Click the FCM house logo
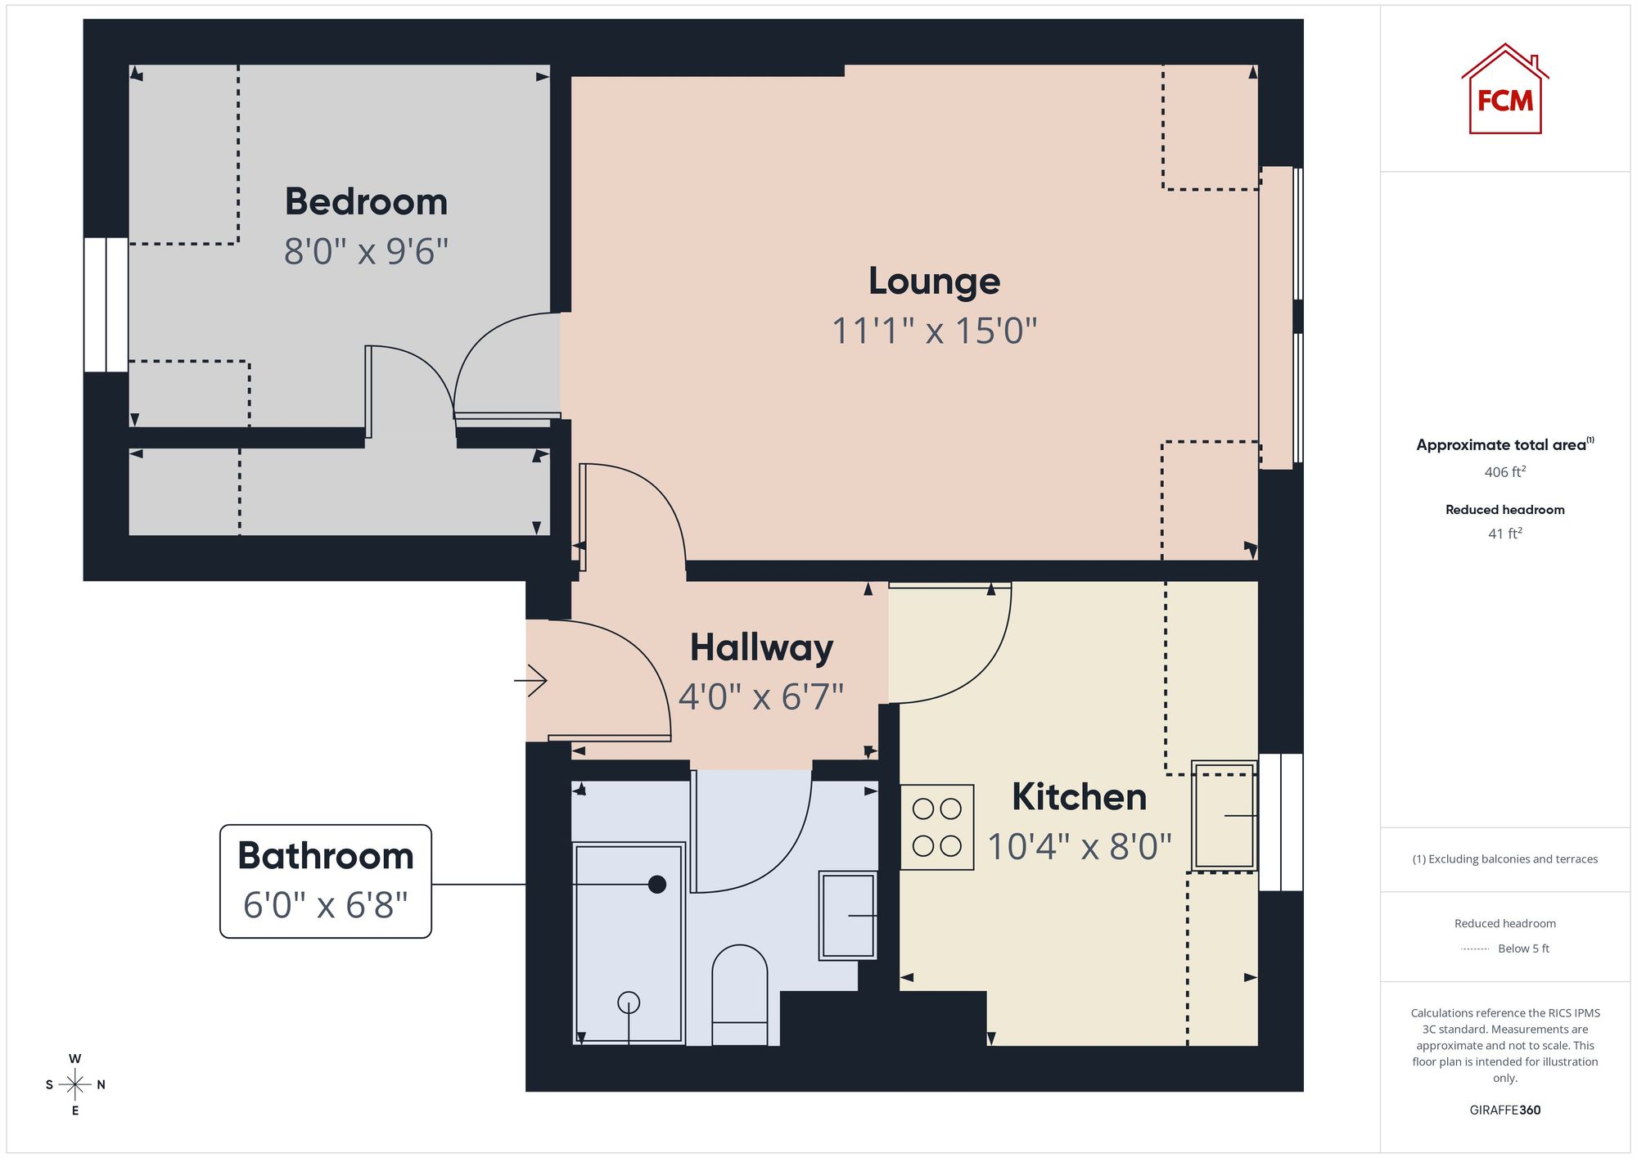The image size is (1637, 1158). tap(1504, 89)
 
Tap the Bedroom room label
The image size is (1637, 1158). tap(366, 201)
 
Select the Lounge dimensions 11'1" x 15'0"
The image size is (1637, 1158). tap(934, 331)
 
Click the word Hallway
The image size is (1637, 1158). tap(761, 648)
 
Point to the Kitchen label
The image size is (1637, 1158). tap(1079, 797)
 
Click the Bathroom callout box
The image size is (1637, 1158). tap(326, 881)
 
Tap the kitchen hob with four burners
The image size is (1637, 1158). tap(937, 827)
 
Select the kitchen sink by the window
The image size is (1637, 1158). tap(1224, 815)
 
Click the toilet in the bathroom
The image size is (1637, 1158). tap(740, 994)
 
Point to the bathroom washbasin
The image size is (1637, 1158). tap(848, 915)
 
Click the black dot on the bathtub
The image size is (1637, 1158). tap(656, 884)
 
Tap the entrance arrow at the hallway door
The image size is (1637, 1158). tap(530, 680)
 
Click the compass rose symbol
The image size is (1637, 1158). tap(75, 1084)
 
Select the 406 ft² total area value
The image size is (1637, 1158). tap(1504, 471)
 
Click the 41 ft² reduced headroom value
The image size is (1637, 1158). tap(1504, 534)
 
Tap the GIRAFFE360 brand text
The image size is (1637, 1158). tap(1504, 1110)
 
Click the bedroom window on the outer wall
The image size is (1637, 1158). tap(106, 304)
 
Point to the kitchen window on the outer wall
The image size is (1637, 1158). tap(1280, 822)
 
